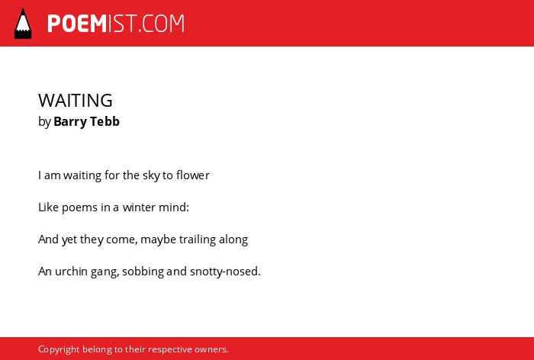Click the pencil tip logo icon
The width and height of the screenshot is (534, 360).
tap(23, 24)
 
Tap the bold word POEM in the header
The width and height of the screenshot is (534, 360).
tap(77, 24)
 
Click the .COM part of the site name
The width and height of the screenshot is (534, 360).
tap(162, 24)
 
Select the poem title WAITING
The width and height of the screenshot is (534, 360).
tap(76, 101)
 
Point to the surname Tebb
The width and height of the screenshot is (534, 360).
tap(105, 121)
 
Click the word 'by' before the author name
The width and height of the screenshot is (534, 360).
tap(44, 122)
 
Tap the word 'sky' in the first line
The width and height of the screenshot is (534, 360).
tap(151, 175)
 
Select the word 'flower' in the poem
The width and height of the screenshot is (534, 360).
tap(193, 175)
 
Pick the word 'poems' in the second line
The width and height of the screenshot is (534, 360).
tap(79, 207)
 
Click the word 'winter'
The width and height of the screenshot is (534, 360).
tap(137, 207)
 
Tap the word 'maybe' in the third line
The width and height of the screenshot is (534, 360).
tap(159, 239)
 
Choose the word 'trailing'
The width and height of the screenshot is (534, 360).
tap(198, 239)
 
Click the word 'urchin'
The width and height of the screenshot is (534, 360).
tap(71, 272)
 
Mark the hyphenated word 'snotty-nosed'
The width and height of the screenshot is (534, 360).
tap(225, 272)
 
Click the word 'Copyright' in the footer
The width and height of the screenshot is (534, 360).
tap(59, 350)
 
